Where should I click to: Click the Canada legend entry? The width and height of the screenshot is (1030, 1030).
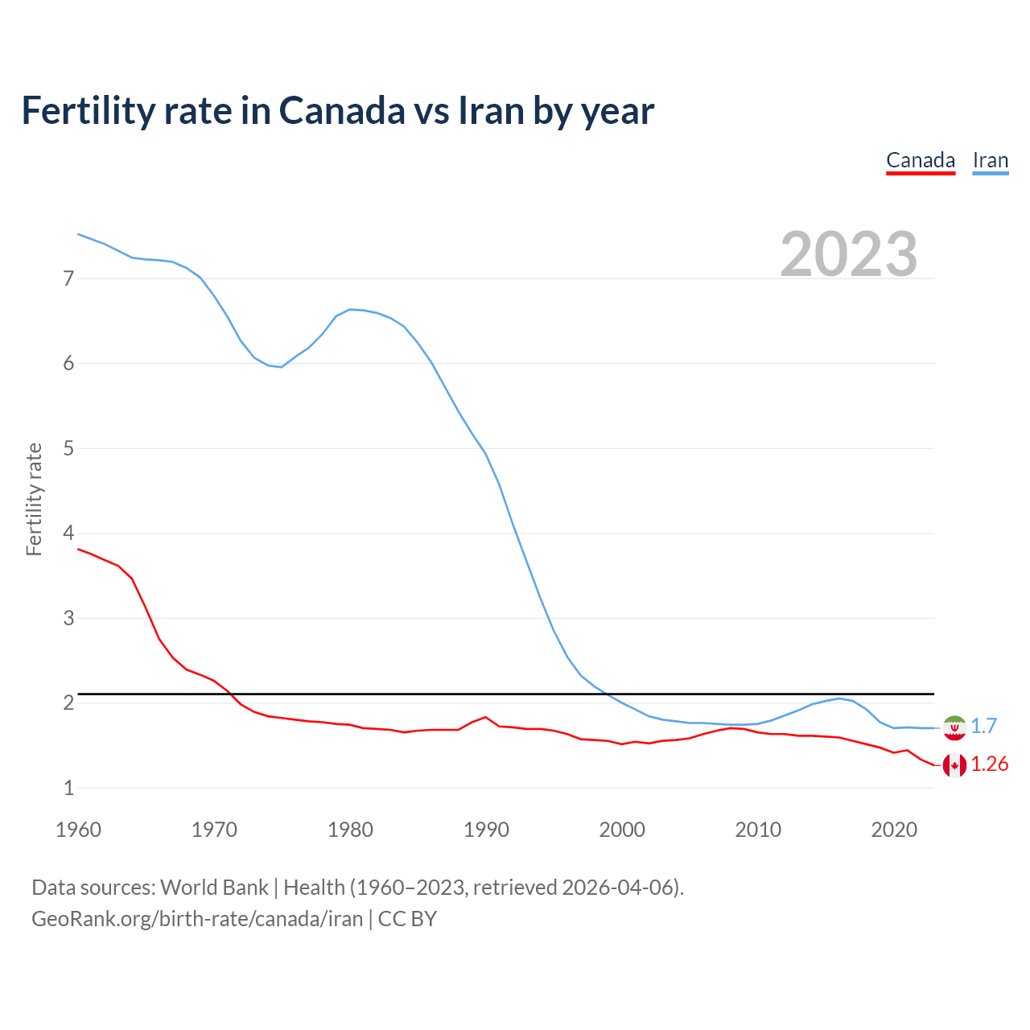tap(920, 161)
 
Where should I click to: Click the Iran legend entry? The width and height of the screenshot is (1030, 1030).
tap(990, 161)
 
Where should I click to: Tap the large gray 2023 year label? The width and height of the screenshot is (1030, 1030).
tap(848, 254)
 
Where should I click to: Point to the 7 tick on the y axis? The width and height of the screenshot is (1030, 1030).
tap(68, 279)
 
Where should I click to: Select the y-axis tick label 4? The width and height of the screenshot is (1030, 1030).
tap(68, 534)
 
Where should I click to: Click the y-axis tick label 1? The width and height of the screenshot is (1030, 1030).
tap(68, 789)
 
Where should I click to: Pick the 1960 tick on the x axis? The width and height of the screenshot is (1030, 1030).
tap(78, 830)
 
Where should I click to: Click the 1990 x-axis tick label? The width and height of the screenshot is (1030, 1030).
tap(486, 830)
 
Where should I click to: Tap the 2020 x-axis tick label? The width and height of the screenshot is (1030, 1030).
tap(894, 830)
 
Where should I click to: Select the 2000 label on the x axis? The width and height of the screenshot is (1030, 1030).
tap(622, 830)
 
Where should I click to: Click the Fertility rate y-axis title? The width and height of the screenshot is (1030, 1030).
tap(34, 499)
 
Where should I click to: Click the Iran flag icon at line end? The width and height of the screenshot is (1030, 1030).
tap(954, 727)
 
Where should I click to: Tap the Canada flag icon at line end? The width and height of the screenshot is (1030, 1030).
tap(954, 765)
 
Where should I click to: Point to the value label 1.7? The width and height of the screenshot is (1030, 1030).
tap(983, 726)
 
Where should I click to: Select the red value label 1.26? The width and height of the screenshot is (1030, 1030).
tap(989, 764)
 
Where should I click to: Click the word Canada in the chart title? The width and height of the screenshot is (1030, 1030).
tap(342, 110)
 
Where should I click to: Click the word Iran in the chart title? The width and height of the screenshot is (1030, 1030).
tap(491, 110)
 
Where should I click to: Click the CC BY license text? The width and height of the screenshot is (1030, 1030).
tap(407, 919)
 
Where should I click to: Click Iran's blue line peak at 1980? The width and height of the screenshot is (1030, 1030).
tap(350, 309)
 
